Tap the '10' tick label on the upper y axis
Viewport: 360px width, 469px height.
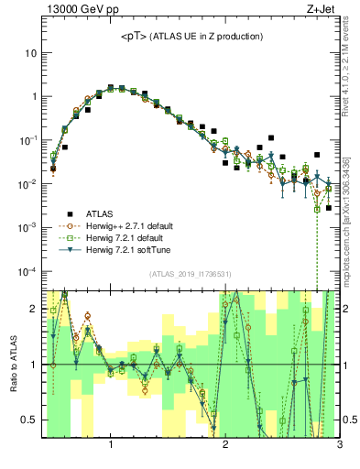point(30,52)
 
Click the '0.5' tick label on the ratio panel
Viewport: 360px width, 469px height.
point(28,420)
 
